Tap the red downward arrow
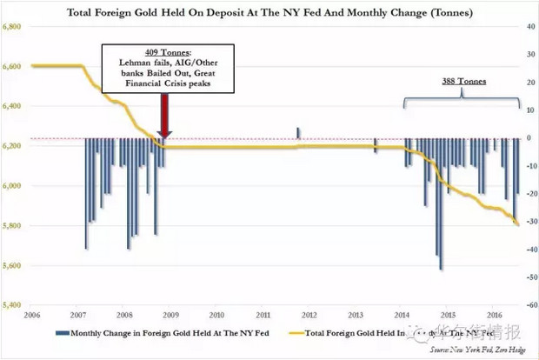pyautogui.click(x=165, y=113)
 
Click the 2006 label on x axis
pyautogui.click(x=31, y=315)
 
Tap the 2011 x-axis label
pyautogui.click(x=262, y=315)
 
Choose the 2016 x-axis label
pyautogui.click(x=493, y=315)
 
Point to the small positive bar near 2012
pyautogui.click(x=298, y=133)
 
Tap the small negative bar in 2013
pyautogui.click(x=376, y=145)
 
